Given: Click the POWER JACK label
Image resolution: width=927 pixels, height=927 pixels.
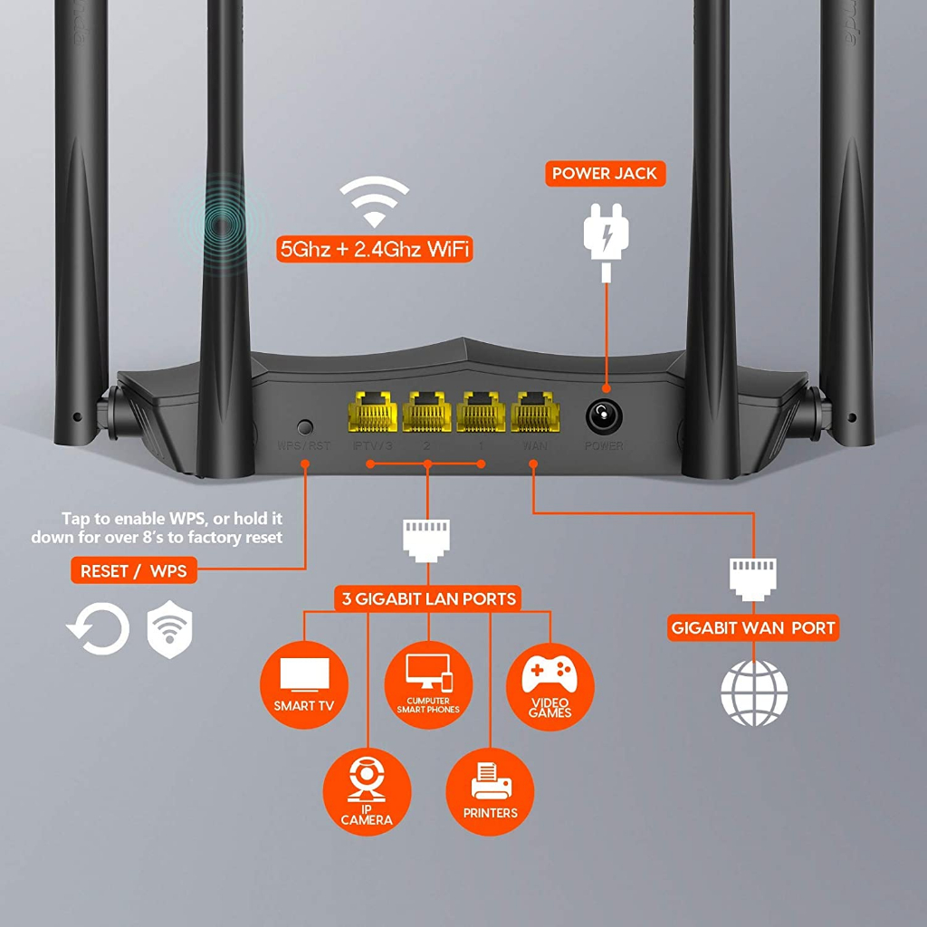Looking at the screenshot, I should (605, 173).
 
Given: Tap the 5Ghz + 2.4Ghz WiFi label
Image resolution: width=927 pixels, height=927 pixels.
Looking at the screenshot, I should (375, 250).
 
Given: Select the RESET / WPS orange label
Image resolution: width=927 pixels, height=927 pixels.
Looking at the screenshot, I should (134, 571).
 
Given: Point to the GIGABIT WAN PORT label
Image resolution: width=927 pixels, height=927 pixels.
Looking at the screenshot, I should (753, 627).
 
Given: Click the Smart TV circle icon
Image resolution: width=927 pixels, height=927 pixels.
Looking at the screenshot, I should (304, 685).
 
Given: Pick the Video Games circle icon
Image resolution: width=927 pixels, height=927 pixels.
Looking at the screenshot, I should (550, 685).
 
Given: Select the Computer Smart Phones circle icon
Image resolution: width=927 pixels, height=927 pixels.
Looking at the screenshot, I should (428, 685).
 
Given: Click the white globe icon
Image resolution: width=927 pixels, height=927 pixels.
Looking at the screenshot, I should (753, 693).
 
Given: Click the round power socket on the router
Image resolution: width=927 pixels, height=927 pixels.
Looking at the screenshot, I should (602, 416).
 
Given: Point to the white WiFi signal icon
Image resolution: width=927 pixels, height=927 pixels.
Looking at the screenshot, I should (374, 201).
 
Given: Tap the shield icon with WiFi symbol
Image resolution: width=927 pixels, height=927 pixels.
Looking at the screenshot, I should (169, 628).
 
